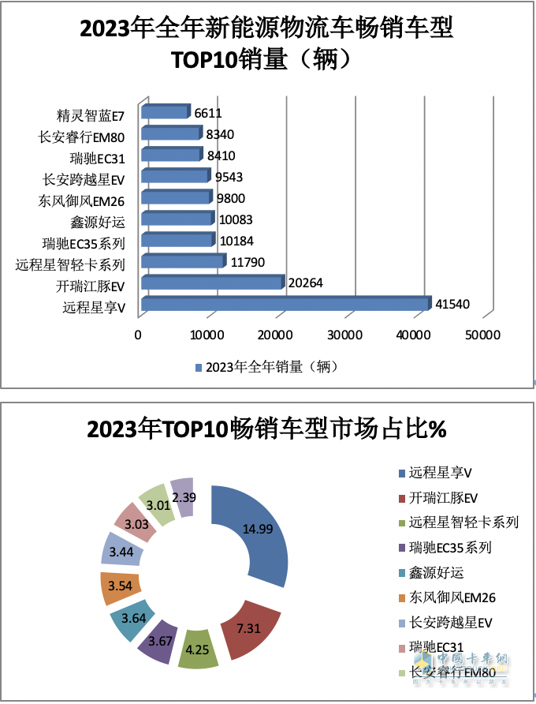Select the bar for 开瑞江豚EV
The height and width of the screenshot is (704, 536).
211,283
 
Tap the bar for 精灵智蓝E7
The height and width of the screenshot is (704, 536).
166,112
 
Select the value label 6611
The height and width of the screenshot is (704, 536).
208,114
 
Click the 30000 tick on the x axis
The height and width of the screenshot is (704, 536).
344,335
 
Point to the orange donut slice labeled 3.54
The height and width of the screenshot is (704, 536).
121,588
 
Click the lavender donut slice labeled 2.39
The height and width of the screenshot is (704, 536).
182,497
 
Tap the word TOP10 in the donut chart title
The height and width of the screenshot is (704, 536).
195,429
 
